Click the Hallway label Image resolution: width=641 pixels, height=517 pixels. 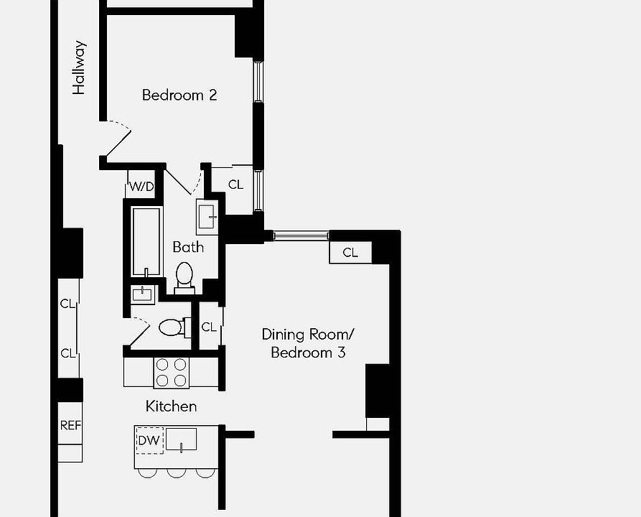[79, 67]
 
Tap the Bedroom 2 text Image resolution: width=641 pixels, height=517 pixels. [179, 95]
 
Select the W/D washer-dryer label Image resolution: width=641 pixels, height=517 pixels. [141, 187]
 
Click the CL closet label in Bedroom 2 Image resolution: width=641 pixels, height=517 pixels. [235, 185]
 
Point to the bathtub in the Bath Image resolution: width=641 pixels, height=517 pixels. [146, 241]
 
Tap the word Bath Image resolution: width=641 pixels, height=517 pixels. [188, 247]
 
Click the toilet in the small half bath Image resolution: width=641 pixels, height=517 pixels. [172, 328]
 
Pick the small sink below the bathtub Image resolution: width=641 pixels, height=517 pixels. [142, 294]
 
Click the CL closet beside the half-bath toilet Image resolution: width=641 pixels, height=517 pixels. [209, 327]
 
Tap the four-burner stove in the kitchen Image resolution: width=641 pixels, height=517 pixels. [172, 373]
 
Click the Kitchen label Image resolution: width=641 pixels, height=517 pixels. [171, 406]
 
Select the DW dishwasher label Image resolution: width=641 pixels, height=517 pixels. [149, 440]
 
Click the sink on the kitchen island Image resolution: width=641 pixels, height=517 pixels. [181, 439]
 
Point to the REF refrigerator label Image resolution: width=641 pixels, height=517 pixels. [70, 425]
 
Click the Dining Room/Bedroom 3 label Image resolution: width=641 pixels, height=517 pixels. [308, 343]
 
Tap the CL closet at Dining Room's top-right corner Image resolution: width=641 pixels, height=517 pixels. [350, 253]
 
